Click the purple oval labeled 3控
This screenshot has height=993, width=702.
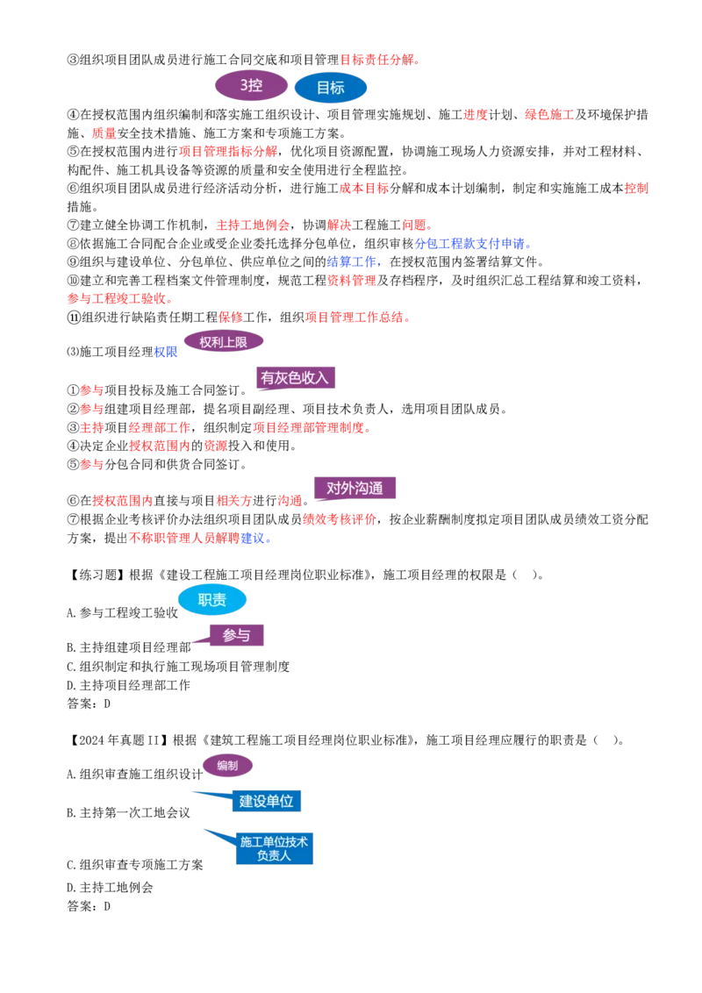coord(252,85)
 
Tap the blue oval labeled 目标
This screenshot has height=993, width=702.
coord(331,88)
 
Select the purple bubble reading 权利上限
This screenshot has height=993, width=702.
coord(223,343)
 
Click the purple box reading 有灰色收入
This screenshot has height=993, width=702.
coord(295,378)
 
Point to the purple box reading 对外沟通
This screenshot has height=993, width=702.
coord(355,489)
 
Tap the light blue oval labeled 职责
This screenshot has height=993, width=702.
coord(212,600)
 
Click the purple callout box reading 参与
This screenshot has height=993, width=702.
coord(236,635)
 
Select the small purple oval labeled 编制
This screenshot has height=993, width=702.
coord(227,766)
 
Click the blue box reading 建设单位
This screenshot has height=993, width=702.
coord(266,801)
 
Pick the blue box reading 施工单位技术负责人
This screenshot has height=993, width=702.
coord(275,848)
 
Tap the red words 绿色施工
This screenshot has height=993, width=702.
coord(549,115)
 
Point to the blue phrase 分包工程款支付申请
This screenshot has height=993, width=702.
coord(469,244)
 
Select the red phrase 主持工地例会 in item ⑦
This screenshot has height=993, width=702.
coord(253,225)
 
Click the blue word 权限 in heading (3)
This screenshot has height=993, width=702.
coord(166,352)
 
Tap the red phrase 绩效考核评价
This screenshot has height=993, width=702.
coord(340,520)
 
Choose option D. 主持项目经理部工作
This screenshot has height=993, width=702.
coord(129,685)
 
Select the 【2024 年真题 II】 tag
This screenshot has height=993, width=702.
coord(118,740)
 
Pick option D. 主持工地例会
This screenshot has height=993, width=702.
coord(111,888)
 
